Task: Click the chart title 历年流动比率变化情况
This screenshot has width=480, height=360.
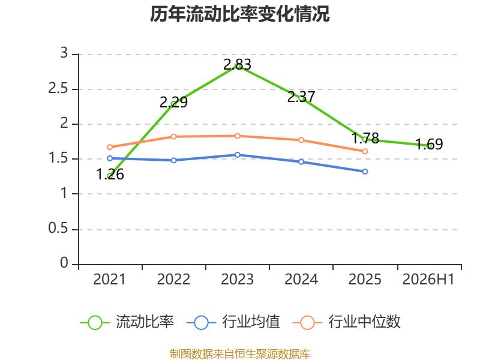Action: point(239,14)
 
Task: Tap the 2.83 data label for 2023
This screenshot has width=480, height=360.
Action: point(237,65)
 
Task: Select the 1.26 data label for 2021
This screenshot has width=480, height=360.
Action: point(110,175)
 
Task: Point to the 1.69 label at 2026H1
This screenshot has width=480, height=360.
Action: point(429,144)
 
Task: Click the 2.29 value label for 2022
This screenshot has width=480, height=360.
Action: point(173,102)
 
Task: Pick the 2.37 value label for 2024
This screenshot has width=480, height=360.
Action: point(301,97)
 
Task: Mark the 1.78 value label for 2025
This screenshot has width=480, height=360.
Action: point(365,139)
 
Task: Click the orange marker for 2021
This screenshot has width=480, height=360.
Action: point(110,147)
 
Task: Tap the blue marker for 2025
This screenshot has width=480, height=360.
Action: point(365,172)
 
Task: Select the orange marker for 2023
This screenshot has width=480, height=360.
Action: point(237,136)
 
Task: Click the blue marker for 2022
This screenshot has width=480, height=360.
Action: point(173,160)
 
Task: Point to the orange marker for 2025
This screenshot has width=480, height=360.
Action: point(365,151)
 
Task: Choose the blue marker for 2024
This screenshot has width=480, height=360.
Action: point(301,161)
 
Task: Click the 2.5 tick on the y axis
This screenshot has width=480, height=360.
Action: point(58,89)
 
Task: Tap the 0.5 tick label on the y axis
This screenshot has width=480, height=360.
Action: point(58,229)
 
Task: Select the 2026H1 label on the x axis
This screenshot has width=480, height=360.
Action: point(428,280)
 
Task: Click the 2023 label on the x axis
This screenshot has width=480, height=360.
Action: point(237,280)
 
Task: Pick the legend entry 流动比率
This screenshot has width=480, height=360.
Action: point(127,322)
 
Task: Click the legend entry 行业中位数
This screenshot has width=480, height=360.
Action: point(347,322)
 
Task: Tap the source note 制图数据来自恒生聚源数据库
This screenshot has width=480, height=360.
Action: point(240,354)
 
